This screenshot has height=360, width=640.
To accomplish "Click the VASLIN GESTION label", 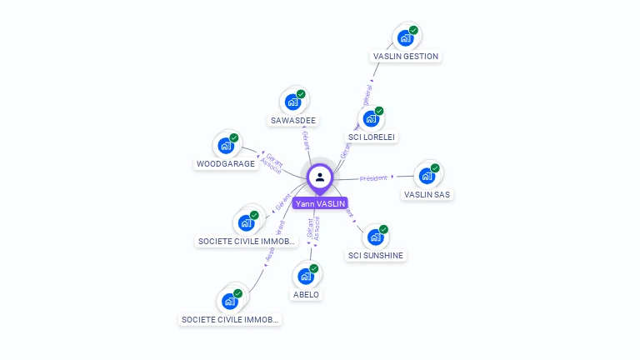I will pyautogui.click(x=406, y=57).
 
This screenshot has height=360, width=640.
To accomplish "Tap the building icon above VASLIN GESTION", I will pyautogui.click(x=405, y=38).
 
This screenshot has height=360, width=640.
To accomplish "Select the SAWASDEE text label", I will pyautogui.click(x=292, y=120).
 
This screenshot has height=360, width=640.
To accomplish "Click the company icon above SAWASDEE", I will pyautogui.click(x=292, y=102).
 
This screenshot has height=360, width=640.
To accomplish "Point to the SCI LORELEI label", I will pyautogui.click(x=372, y=137).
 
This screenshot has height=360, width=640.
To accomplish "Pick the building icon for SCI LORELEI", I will pyautogui.click(x=371, y=118).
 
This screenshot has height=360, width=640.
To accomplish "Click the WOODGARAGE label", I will pyautogui.click(x=225, y=164).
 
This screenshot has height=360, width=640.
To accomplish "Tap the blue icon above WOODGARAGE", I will pyautogui.click(x=226, y=145).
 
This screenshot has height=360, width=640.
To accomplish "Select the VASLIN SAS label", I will pyautogui.click(x=427, y=195).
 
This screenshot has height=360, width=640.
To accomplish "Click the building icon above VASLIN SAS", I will pyautogui.click(x=427, y=176).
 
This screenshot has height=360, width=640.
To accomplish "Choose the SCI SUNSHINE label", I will pyautogui.click(x=376, y=256).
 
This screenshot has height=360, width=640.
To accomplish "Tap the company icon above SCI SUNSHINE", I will pyautogui.click(x=375, y=237).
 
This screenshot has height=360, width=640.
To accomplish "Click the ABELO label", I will pyautogui.click(x=306, y=295).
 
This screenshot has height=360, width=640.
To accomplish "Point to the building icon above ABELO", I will pyautogui.click(x=306, y=276).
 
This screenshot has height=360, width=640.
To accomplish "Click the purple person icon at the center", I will pyautogui.click(x=320, y=177).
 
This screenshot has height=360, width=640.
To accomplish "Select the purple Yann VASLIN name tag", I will pyautogui.click(x=320, y=203).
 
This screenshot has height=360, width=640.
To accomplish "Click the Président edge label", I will pyautogui.click(x=373, y=177).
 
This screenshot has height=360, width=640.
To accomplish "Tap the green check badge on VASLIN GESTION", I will pyautogui.click(x=413, y=31).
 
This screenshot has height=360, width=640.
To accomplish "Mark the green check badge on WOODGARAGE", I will pyautogui.click(x=234, y=137).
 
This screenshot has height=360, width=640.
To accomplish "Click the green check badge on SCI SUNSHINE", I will pyautogui.click(x=383, y=229).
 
